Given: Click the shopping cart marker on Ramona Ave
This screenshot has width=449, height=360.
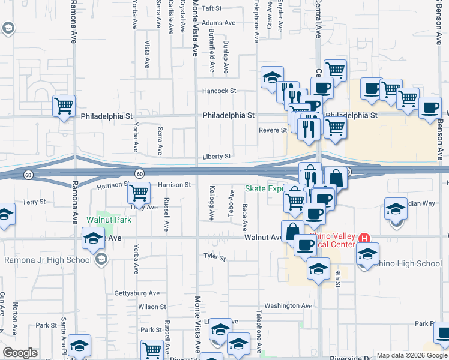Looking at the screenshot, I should pos(64,106).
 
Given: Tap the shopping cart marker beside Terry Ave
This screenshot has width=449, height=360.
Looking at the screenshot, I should pos(139,193).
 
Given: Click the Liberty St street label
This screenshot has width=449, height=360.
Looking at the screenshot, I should pos(216,157).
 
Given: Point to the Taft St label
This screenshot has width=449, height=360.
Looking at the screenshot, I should pos(211,8).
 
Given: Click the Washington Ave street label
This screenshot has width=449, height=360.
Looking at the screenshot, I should pos(288,305).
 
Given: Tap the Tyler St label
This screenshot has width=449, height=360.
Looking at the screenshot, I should pos(214,258).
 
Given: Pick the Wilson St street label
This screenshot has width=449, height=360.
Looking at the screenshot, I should pos(152,307).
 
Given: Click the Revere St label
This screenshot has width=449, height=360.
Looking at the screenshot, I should pos(273,130).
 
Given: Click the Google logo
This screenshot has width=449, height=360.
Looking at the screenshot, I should pos(20,353).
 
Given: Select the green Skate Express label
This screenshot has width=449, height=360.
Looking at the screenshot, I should pos(264,188).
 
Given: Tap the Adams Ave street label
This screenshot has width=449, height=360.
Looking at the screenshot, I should pos(218,23).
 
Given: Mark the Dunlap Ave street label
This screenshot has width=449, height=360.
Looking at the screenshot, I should pos(226,59).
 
